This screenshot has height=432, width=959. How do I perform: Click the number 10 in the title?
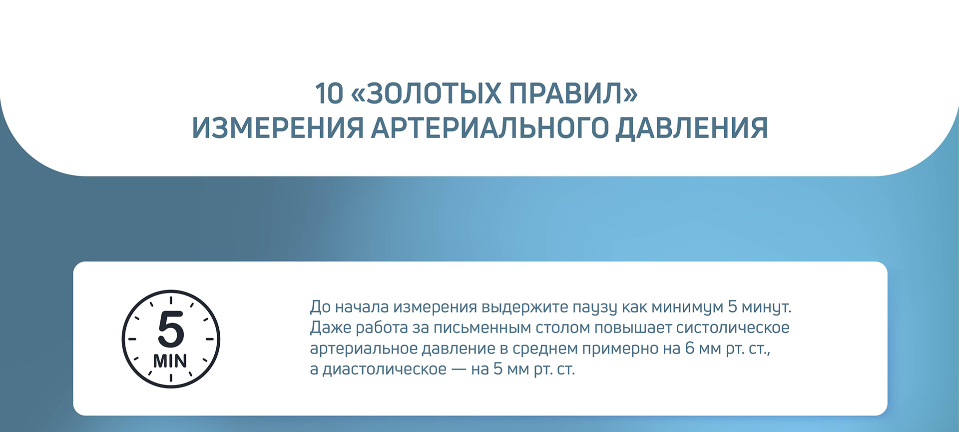click(x=329, y=93)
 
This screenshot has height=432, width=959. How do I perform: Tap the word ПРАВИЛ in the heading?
click(x=565, y=93)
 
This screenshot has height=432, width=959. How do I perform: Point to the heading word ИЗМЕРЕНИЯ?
click(x=278, y=128)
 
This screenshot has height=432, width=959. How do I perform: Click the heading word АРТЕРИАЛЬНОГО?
click(x=489, y=128)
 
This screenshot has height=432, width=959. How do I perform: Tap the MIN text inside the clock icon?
click(x=170, y=360)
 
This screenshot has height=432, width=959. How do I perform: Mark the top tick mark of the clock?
click(x=171, y=300)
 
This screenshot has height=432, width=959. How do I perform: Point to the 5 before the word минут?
click(x=732, y=306)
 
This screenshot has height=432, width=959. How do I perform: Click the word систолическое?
click(x=733, y=328)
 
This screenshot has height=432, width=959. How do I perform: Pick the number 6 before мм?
click(x=690, y=348)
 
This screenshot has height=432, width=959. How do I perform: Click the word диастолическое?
click(x=385, y=369)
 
